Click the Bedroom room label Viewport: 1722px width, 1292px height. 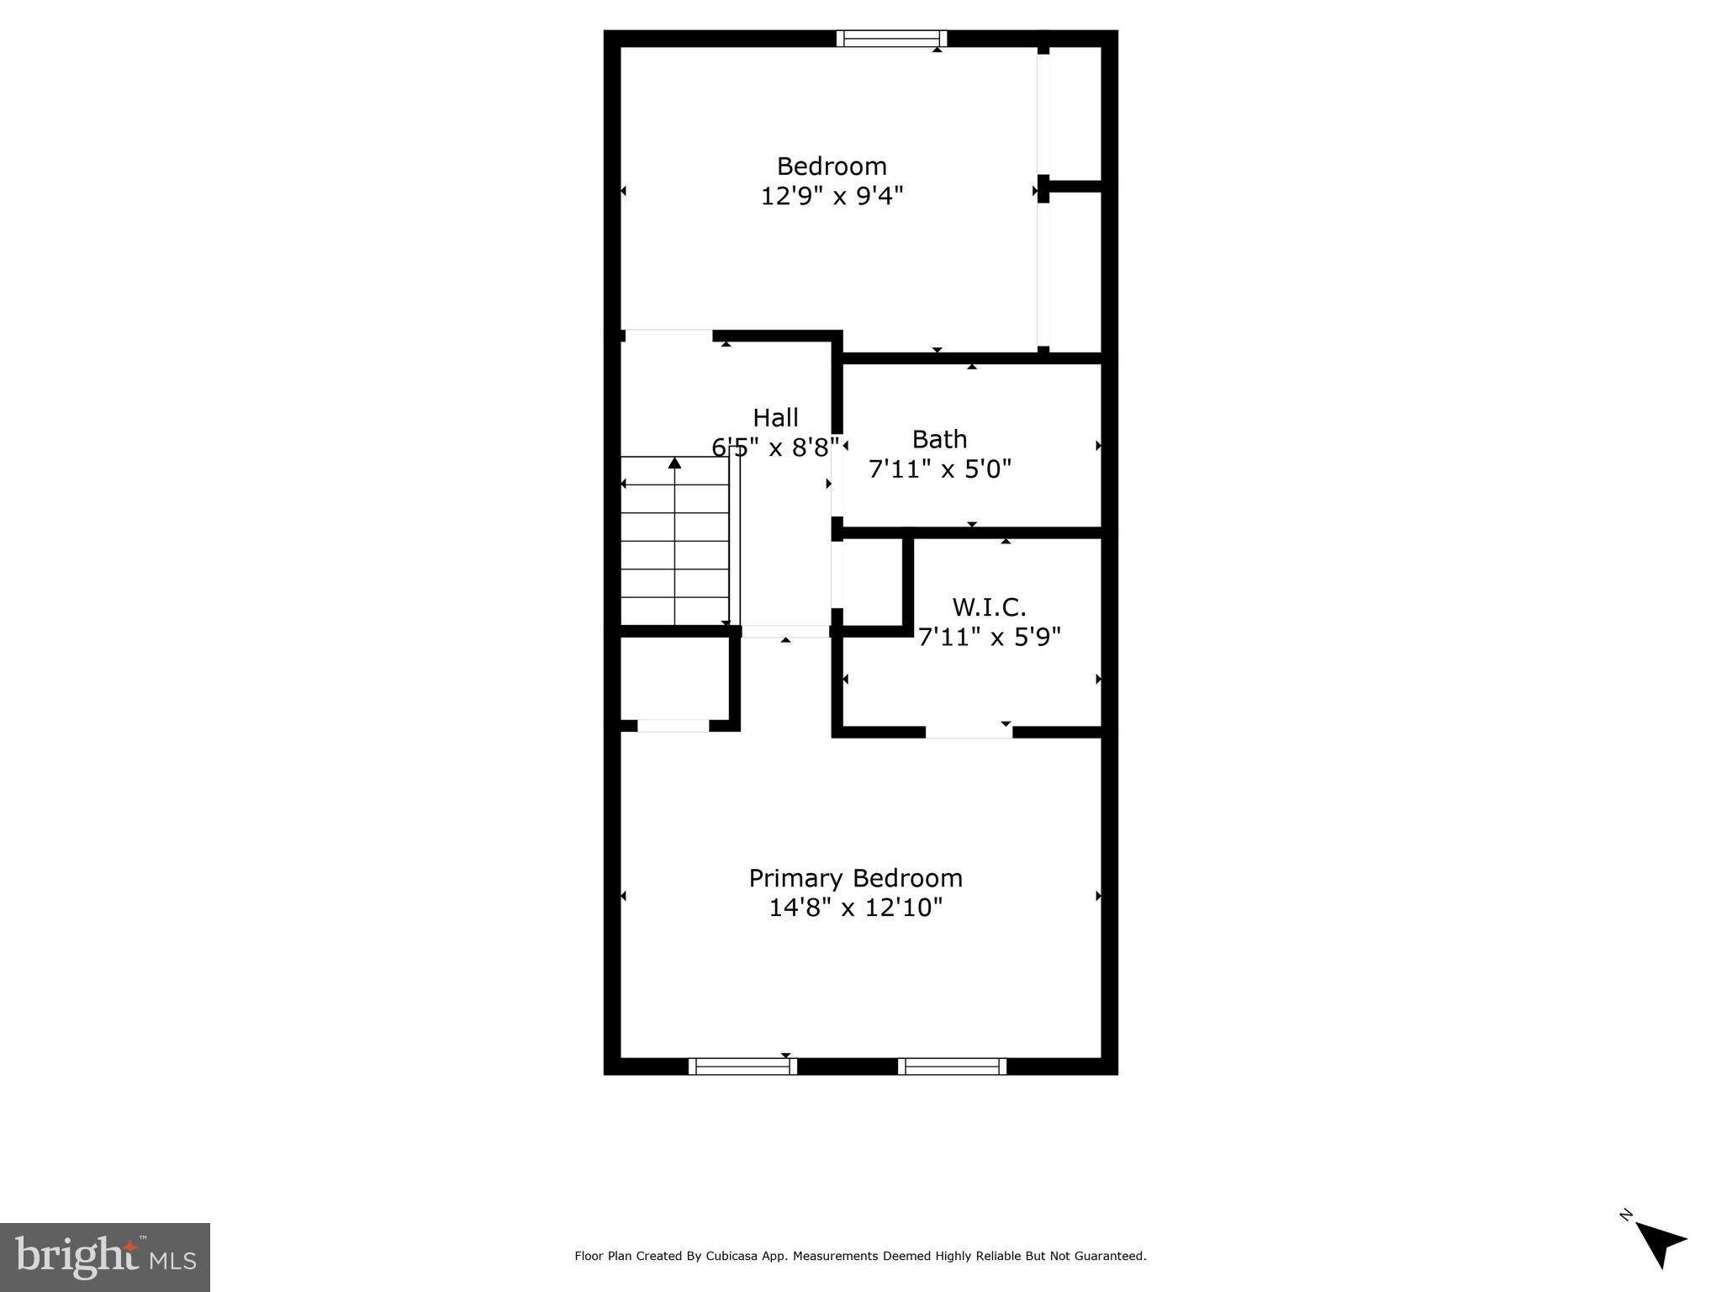832,166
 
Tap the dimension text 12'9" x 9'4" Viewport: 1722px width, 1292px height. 832,196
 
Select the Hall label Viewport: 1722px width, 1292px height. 775,417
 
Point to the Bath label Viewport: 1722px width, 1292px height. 939,439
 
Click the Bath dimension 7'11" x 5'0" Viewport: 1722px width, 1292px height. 939,469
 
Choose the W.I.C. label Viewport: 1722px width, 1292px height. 989,606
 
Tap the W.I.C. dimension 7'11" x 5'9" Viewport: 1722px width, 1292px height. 989,637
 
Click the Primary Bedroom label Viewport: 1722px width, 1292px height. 855,878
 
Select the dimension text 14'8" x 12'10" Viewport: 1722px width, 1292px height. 855,908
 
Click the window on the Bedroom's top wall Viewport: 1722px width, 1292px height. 891,39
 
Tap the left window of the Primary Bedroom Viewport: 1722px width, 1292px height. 742,1067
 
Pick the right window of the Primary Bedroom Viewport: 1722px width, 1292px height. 952,1067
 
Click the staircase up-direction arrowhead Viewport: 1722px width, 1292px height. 674,463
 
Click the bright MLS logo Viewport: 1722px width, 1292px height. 105,1257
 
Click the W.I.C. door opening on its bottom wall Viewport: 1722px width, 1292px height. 969,732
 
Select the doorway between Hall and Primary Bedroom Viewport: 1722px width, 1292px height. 785,631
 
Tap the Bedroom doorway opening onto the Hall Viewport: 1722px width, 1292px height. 668,336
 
